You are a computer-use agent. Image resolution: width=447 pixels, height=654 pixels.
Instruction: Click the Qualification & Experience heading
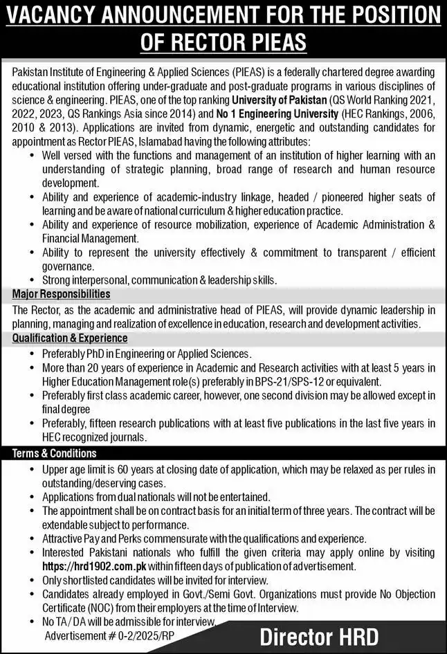[x=70, y=338]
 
